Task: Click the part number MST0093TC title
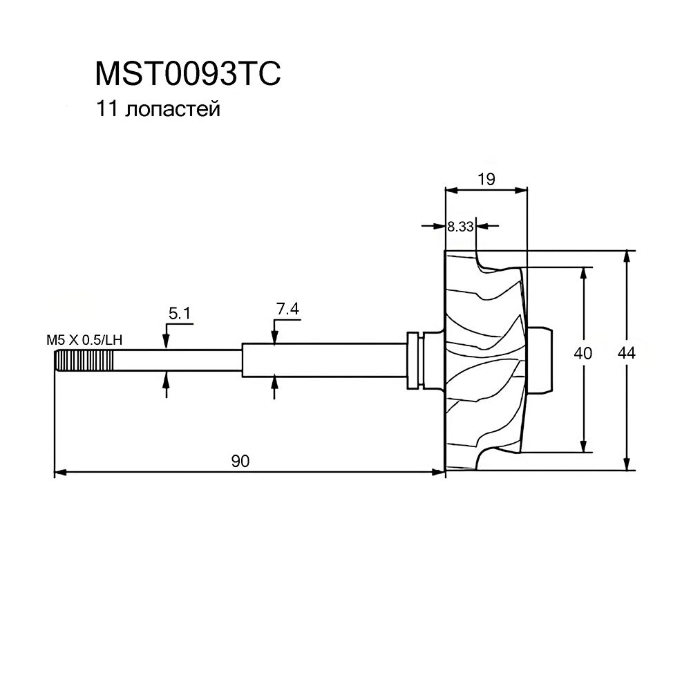(187, 73)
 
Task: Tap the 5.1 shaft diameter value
(179, 314)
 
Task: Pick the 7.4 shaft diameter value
(287, 310)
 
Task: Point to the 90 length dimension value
(240, 462)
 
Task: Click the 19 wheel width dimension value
(486, 179)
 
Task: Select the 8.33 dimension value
(460, 225)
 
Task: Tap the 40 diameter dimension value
(583, 353)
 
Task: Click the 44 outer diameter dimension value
(627, 353)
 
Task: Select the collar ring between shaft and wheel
(415, 359)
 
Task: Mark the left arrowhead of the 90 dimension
(59, 473)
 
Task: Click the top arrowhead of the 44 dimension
(627, 255)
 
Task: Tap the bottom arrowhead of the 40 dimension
(585, 446)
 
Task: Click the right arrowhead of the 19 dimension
(522, 189)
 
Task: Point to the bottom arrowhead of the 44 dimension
(627, 465)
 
